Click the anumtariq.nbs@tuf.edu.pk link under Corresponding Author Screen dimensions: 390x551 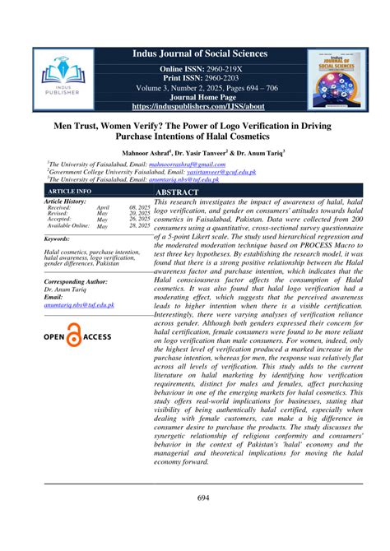click(79, 305)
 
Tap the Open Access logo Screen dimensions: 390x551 click(77, 337)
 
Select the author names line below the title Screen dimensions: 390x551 click(194, 153)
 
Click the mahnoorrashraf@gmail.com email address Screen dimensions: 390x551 click(169, 164)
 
